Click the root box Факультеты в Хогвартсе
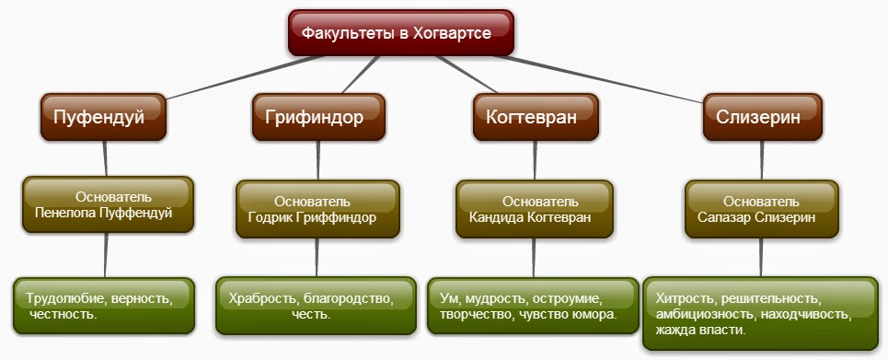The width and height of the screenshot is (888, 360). [398, 33]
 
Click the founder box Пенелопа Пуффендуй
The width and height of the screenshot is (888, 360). [108, 205]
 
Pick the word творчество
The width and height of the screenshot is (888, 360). [479, 315]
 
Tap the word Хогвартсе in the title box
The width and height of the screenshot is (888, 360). [452, 33]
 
